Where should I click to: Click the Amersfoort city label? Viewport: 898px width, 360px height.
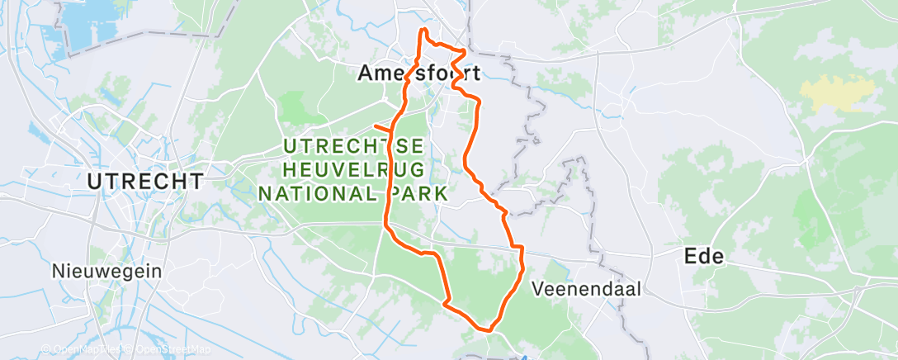point(418,73)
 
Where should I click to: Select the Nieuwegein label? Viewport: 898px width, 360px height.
point(106,271)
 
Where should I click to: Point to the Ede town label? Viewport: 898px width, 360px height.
point(704,256)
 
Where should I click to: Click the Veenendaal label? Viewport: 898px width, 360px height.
point(586,289)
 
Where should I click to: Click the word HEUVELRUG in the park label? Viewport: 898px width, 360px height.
point(354,170)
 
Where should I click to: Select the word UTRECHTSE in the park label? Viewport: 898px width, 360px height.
point(354,146)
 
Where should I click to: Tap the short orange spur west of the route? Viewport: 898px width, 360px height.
point(382,127)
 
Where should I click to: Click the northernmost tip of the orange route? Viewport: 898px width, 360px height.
point(424,30)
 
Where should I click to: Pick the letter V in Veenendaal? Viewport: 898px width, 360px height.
point(539,289)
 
